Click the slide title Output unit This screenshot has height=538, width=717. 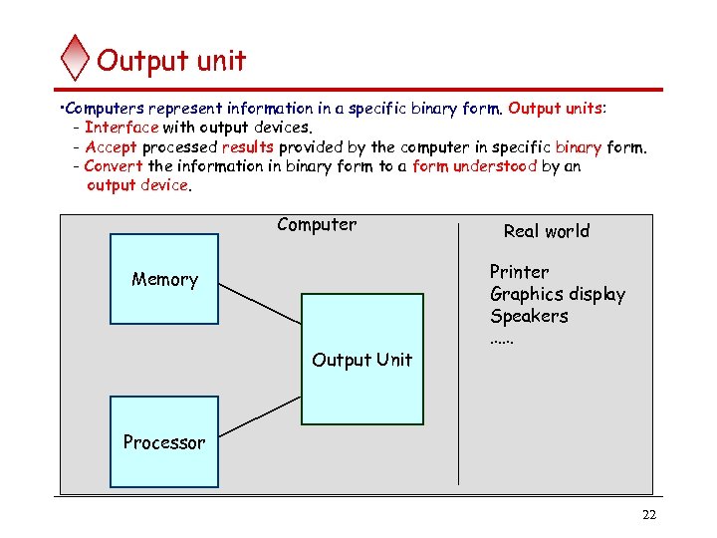tap(171, 61)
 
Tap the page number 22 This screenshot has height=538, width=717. tap(649, 515)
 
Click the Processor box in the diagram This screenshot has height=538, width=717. tap(163, 441)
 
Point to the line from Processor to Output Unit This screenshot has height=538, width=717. tap(260, 416)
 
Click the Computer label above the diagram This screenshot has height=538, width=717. tap(317, 224)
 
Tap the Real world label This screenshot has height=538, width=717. tap(546, 231)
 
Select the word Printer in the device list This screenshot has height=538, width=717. tap(519, 272)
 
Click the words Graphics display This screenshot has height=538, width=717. tap(558, 294)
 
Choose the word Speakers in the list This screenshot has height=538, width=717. tap(529, 316)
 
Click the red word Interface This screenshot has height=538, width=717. tap(121, 127)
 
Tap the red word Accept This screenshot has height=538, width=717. tap(111, 146)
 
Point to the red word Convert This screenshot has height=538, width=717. tap(114, 165)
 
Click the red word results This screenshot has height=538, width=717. tap(247, 146)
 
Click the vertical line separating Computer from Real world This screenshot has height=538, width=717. tap(458, 399)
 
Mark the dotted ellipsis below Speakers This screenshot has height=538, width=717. tap(502, 339)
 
